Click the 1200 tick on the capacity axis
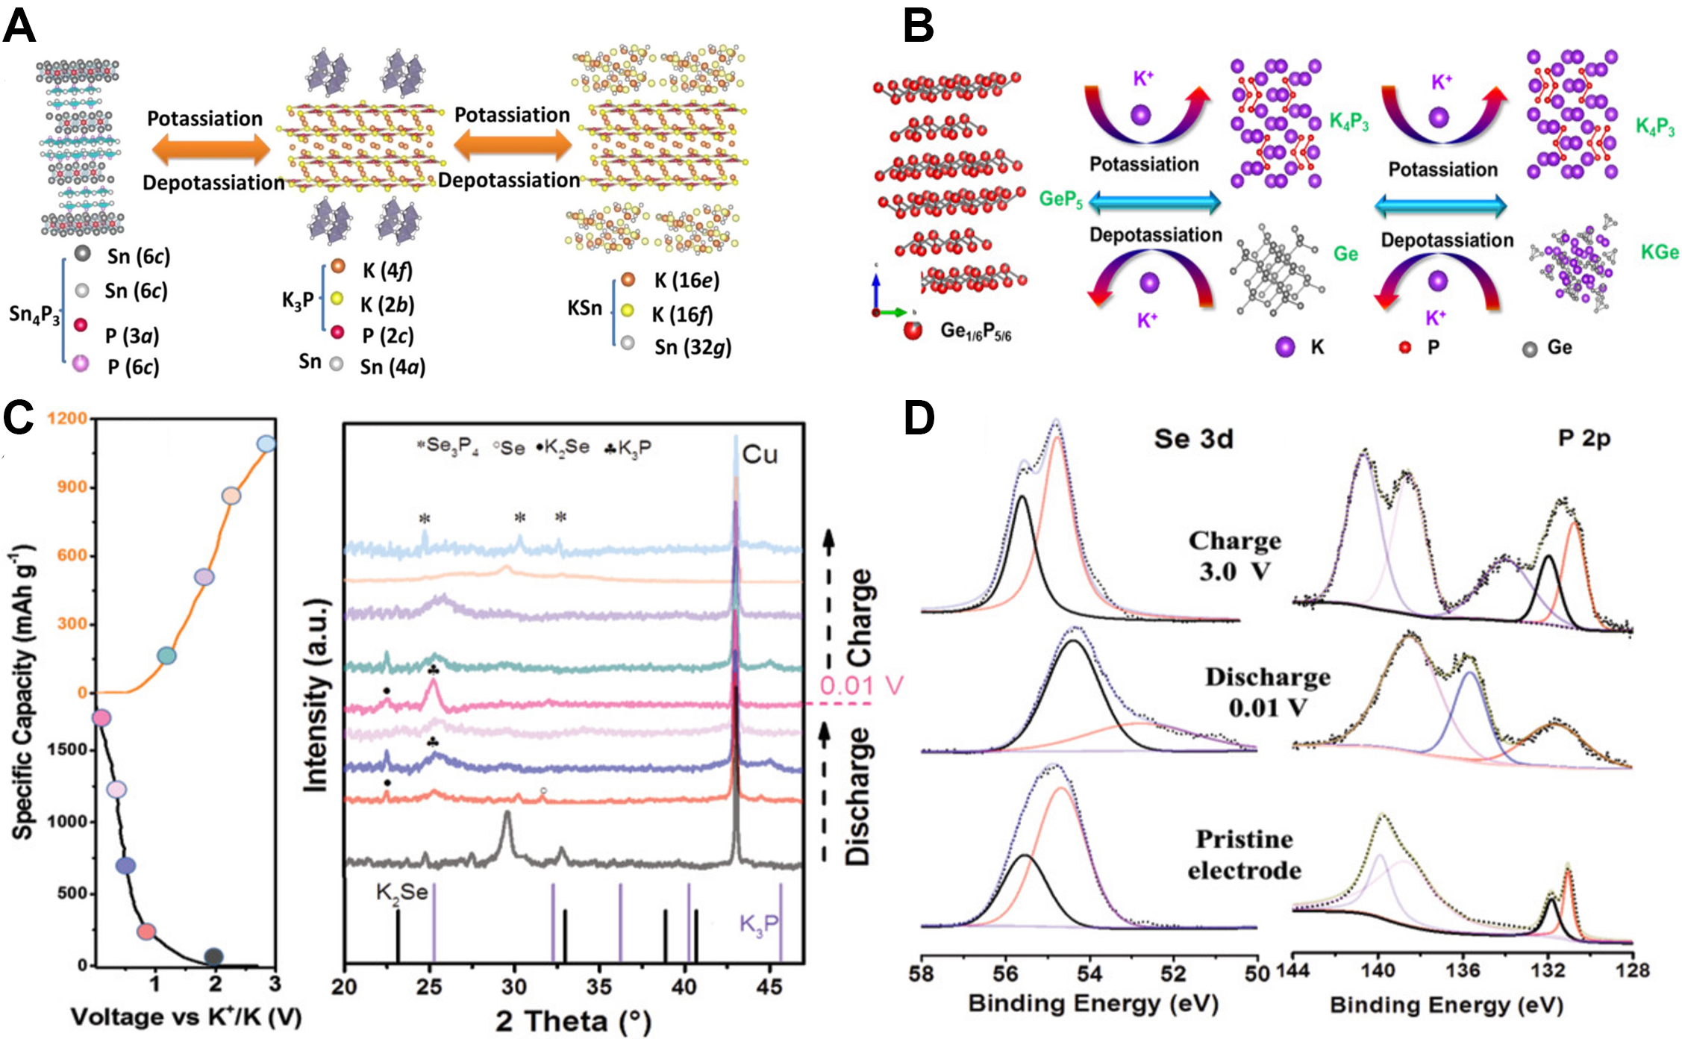coord(67,418)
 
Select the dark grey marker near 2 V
coord(214,957)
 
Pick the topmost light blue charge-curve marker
coord(266,444)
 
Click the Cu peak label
coord(760,455)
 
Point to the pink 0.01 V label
coord(861,685)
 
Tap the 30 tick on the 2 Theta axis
coord(513,987)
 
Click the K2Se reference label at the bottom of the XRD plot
coord(401,893)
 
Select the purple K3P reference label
coord(758,924)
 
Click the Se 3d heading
coord(1193,439)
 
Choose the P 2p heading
coord(1583,438)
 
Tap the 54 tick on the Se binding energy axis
coord(1089,973)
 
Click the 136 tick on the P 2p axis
coord(1462,970)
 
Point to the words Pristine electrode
coord(1244,855)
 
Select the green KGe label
coord(1659,252)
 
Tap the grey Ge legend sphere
coord(1530,349)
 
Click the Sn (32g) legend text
coord(693,347)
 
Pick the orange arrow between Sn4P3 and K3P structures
coord(210,150)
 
